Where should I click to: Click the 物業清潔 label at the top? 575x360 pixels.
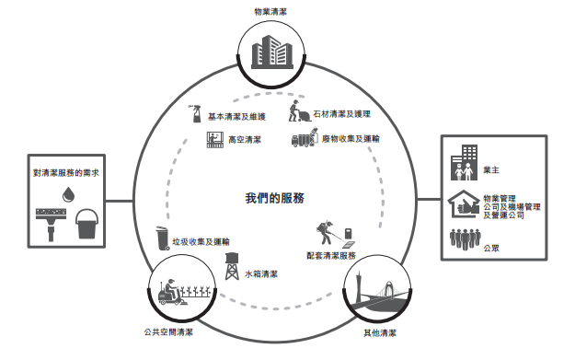point(275,12)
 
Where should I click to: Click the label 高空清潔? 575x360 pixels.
point(245,140)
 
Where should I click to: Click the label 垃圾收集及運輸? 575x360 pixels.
point(201,240)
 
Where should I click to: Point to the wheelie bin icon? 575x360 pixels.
point(161,237)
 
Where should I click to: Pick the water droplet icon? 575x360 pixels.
point(67,194)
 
